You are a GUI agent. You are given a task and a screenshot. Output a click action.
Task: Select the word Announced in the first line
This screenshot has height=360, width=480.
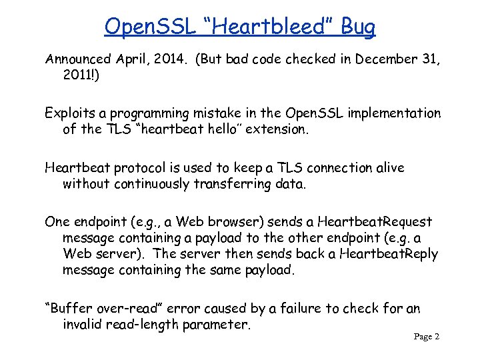(x=76, y=59)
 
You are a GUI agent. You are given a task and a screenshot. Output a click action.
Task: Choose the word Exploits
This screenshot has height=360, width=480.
(x=68, y=113)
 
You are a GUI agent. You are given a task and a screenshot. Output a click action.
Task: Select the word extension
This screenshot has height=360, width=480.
(x=277, y=129)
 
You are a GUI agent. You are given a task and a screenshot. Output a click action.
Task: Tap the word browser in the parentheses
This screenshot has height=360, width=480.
(x=238, y=222)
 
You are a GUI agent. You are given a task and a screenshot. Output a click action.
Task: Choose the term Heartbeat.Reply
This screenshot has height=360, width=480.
(x=389, y=254)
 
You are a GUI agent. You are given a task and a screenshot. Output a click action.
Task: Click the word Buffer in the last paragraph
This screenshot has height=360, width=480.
(x=69, y=309)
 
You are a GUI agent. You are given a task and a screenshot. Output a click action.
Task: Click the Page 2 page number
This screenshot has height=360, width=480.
(x=427, y=337)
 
